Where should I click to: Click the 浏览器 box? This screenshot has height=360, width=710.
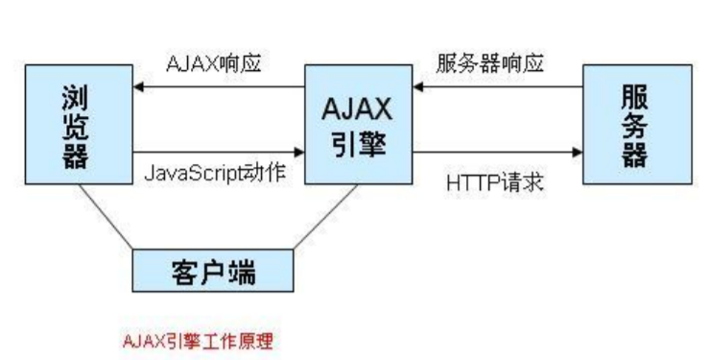[x=79, y=124]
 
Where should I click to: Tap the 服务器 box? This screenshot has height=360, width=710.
[x=637, y=124]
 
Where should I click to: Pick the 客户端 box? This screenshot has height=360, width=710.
[x=211, y=270]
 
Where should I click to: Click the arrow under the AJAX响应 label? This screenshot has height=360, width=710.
[x=219, y=87]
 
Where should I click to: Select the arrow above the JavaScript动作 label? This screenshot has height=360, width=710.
[x=219, y=152]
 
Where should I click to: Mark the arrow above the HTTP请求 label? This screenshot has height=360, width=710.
[x=498, y=152]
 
